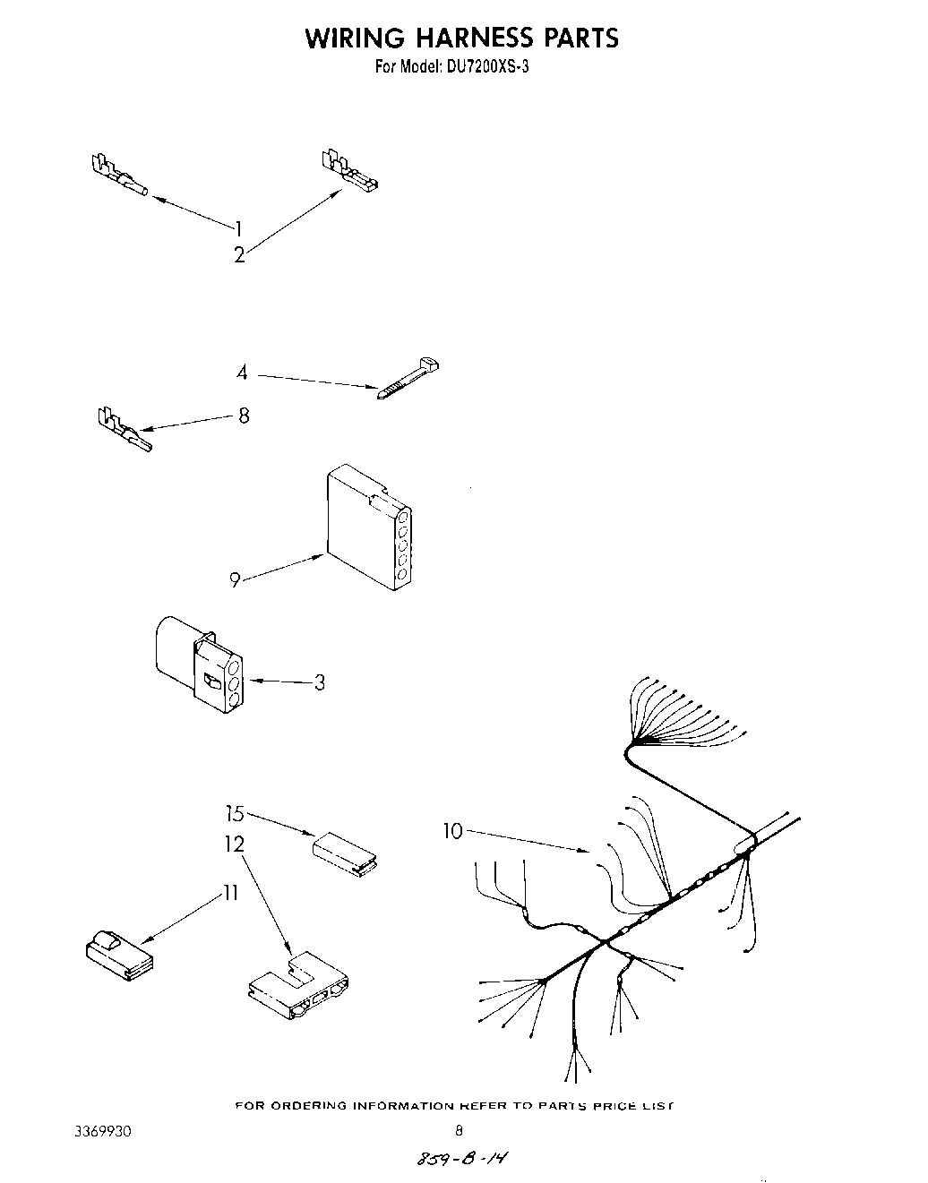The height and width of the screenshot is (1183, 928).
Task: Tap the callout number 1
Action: (238, 228)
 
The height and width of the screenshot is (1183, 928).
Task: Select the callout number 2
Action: (239, 255)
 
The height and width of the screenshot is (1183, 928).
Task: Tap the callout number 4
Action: (242, 373)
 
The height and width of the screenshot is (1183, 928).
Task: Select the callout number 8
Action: (244, 416)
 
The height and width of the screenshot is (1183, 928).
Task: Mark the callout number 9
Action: (235, 580)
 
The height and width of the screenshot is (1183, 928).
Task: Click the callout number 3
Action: (319, 683)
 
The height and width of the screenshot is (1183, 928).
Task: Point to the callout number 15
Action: (235, 814)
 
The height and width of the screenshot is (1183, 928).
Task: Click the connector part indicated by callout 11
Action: (117, 955)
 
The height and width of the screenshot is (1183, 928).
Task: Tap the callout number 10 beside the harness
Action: (453, 832)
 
